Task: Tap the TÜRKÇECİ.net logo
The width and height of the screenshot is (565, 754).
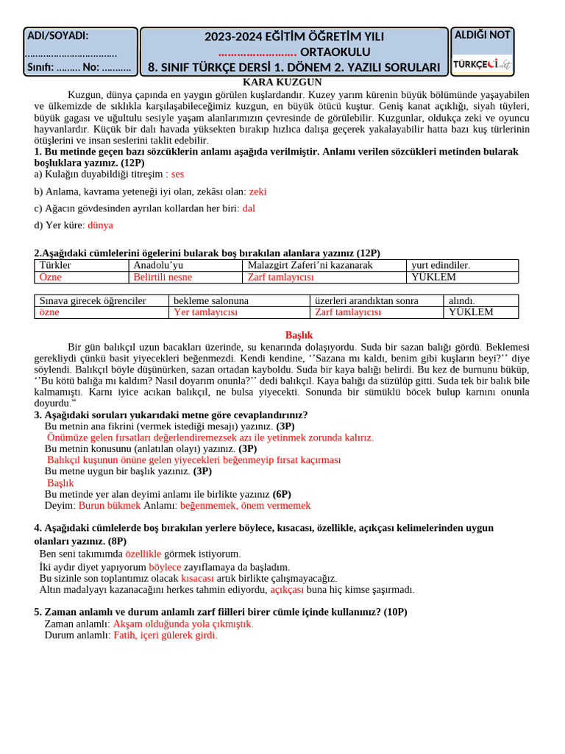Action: [x=482, y=64]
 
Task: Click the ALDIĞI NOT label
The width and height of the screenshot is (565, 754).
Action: [x=483, y=35]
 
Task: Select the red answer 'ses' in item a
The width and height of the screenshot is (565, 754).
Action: [x=177, y=174]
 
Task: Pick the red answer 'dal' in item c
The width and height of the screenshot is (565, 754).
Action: [x=249, y=208]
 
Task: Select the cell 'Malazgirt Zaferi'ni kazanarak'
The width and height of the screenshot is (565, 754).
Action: [x=310, y=265]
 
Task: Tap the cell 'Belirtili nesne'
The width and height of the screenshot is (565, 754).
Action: [x=163, y=277]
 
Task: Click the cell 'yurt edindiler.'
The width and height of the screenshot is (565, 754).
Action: [x=441, y=265]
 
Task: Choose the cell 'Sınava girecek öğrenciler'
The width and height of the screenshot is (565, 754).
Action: [x=93, y=300]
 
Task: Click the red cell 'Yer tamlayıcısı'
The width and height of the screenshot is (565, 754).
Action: [x=205, y=312]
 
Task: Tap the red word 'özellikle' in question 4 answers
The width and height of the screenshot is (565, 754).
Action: [x=143, y=554]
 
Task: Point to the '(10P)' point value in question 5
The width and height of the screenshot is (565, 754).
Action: [x=395, y=611]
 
